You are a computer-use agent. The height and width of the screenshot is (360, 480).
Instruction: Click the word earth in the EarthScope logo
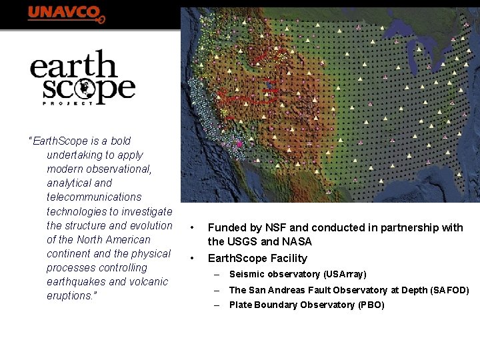pyautogui.click(x=73, y=67)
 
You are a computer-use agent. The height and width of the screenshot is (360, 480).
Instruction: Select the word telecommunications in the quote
pyautogui.click(x=94, y=197)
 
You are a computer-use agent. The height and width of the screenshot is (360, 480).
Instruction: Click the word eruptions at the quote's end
pyautogui.click(x=69, y=295)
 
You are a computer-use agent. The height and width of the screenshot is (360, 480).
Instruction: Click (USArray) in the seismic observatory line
pyautogui.click(x=345, y=274)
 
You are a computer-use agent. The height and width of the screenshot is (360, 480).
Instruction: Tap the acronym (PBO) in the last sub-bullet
pyautogui.click(x=371, y=305)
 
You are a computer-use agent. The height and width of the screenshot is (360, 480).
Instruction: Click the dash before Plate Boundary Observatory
pyautogui.click(x=217, y=305)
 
